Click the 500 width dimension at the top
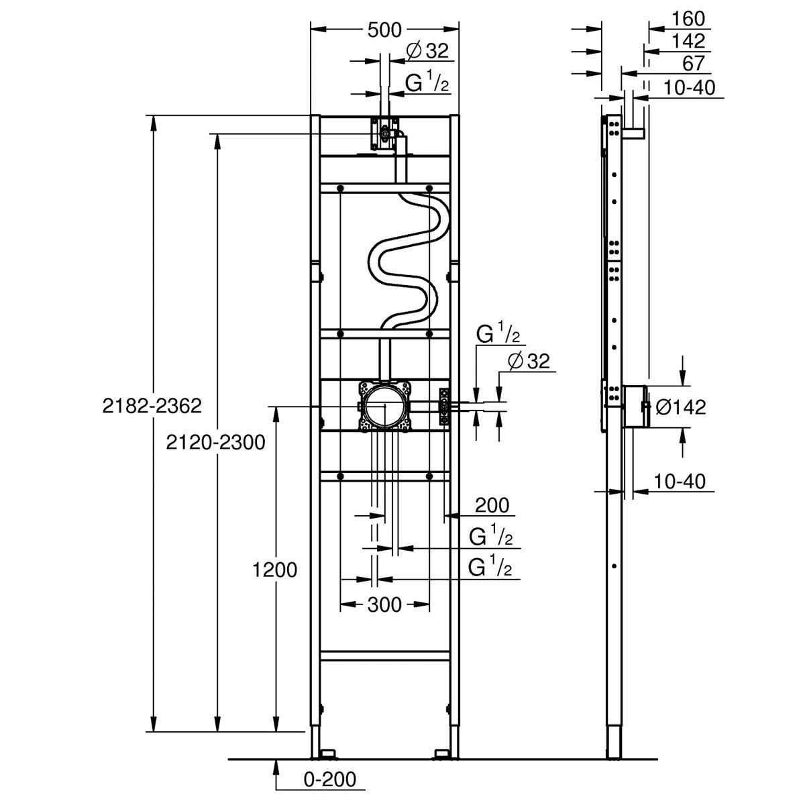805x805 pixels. (x=384, y=30)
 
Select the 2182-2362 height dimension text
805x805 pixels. (x=152, y=406)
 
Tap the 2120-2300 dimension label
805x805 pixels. (x=215, y=442)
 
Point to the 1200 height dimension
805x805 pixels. (x=274, y=570)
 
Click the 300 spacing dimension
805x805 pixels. (x=384, y=604)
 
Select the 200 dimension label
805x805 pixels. (x=492, y=506)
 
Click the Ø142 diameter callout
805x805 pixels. (x=680, y=407)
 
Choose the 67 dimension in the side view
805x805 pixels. (x=694, y=64)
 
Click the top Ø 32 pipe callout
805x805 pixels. (x=427, y=51)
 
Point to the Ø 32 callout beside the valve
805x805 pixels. (x=529, y=362)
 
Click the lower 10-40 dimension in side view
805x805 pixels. (x=680, y=481)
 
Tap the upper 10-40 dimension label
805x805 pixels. (x=690, y=88)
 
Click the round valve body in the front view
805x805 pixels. (x=385, y=406)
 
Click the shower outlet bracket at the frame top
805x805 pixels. (x=384, y=133)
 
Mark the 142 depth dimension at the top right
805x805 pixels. (x=688, y=41)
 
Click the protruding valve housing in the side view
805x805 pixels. (x=634, y=407)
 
